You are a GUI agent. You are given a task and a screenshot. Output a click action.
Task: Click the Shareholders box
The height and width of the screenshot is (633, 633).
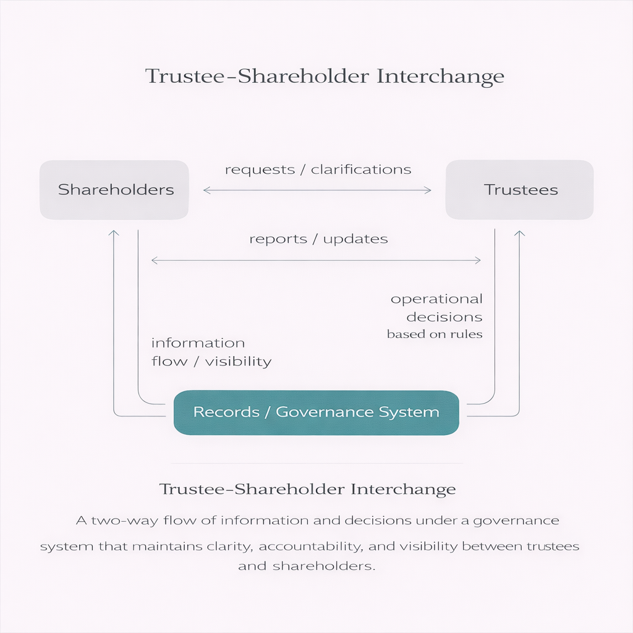[114, 190]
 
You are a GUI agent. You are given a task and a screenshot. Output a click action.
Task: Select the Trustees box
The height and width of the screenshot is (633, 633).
[519, 190]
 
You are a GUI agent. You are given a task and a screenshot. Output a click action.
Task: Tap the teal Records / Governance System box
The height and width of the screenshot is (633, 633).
[316, 412]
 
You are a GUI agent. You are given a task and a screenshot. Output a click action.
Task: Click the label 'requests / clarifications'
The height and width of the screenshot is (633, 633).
[318, 169]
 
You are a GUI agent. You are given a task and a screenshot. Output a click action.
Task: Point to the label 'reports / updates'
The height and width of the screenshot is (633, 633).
[318, 239]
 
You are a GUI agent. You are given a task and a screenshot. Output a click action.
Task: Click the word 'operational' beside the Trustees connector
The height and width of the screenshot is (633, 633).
[436, 299]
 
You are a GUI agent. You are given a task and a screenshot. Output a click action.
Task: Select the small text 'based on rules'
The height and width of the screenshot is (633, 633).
[435, 334]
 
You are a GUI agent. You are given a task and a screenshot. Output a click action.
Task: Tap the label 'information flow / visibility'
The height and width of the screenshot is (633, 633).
[211, 352]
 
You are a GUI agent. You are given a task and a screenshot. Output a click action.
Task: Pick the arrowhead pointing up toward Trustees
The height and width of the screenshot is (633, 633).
[519, 233]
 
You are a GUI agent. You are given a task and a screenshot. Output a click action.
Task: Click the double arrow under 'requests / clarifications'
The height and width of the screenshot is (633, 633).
[317, 190]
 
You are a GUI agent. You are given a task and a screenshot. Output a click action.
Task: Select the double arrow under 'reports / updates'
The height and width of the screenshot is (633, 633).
[316, 261]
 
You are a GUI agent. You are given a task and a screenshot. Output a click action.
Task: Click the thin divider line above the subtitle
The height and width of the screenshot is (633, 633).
[316, 463]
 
